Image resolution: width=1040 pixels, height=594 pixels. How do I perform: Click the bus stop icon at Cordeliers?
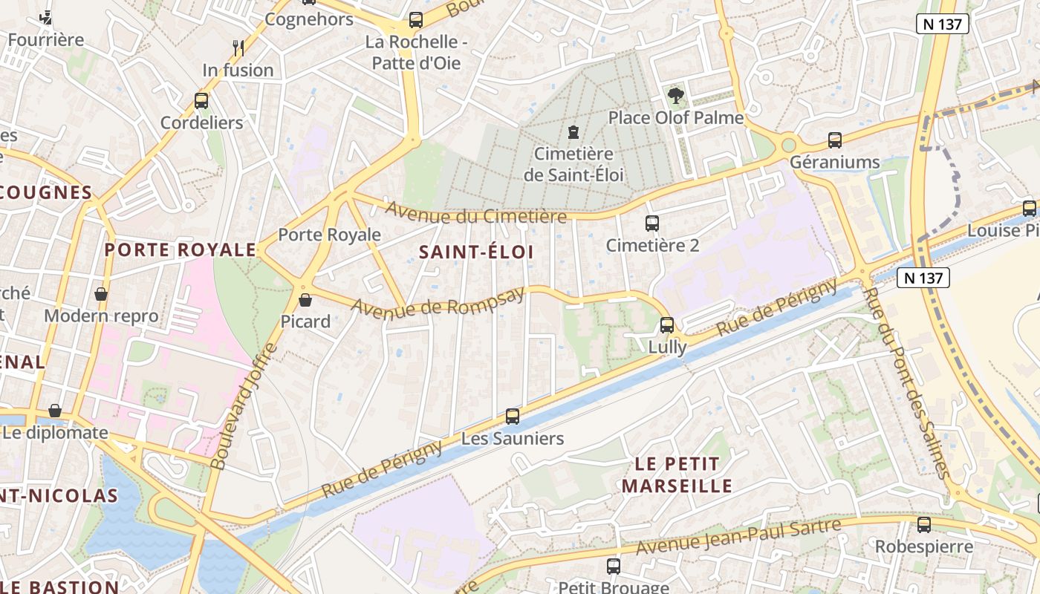coord(201,100)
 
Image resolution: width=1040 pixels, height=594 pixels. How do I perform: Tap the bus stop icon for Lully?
coord(667,324)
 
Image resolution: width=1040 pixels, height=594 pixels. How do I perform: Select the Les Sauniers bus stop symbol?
coord(513,416)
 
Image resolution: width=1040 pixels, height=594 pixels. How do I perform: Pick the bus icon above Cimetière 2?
coord(652,223)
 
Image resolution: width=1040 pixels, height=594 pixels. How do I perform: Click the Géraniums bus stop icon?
coord(835,140)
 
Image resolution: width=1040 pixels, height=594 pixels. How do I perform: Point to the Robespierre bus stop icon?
coord(924,524)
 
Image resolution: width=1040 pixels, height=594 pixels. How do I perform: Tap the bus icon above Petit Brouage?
coord(614,566)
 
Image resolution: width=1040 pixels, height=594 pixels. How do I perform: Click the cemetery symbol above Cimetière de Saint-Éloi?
coord(573,132)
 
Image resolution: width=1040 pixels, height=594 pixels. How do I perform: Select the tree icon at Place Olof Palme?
coord(675,95)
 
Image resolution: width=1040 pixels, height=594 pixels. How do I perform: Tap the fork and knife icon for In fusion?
coord(238,48)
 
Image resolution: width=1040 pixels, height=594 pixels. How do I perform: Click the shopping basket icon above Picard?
coord(305,300)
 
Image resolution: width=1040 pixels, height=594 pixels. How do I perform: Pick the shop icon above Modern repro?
coord(101,294)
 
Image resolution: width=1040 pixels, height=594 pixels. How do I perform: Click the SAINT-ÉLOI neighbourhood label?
coord(476,252)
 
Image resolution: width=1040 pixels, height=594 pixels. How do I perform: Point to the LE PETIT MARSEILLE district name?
coord(677,475)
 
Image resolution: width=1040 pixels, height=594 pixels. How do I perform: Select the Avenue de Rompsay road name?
coord(438,300)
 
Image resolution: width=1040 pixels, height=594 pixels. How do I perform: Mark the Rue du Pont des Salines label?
coord(907,382)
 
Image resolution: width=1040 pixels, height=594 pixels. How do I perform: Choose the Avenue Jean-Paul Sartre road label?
coord(739,536)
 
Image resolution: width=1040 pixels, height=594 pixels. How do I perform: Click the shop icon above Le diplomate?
coord(55,411)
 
